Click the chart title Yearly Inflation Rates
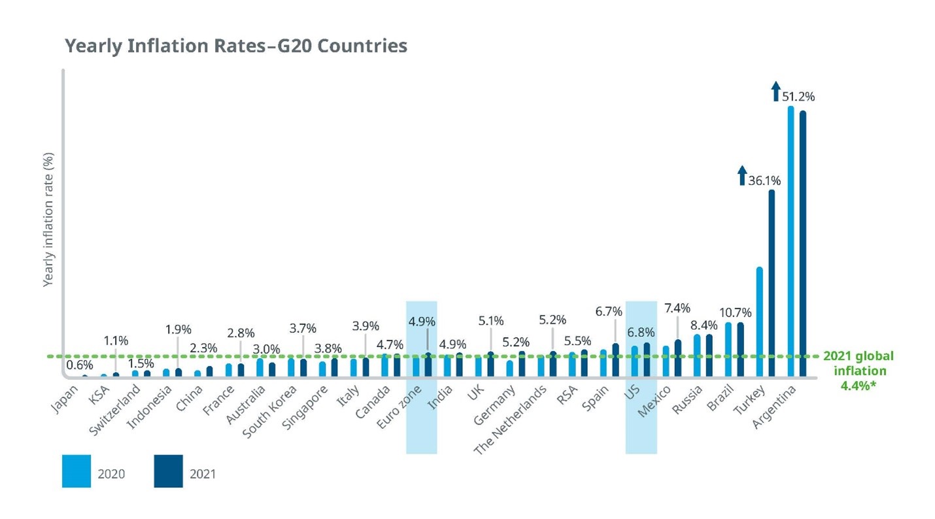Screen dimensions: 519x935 pos(235,46)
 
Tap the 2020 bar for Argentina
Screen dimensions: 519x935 pos(790,242)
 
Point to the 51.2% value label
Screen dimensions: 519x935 pos(798,97)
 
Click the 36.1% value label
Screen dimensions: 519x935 pos(764,180)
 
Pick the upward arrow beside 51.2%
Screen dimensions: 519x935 pos(775,91)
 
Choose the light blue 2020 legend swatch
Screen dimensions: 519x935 pos(76,471)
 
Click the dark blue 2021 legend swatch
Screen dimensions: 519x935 pos(168,471)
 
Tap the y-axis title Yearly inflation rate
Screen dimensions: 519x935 pos(48,220)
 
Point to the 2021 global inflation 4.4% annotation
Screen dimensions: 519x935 pos(858,371)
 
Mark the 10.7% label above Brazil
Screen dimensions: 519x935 pos(735,312)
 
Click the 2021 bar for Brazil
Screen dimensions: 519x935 pos(740,350)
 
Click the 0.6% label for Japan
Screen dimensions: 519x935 pos(80,365)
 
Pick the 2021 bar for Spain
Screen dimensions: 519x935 pos(615,360)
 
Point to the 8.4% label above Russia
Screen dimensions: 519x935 pos(704,325)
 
